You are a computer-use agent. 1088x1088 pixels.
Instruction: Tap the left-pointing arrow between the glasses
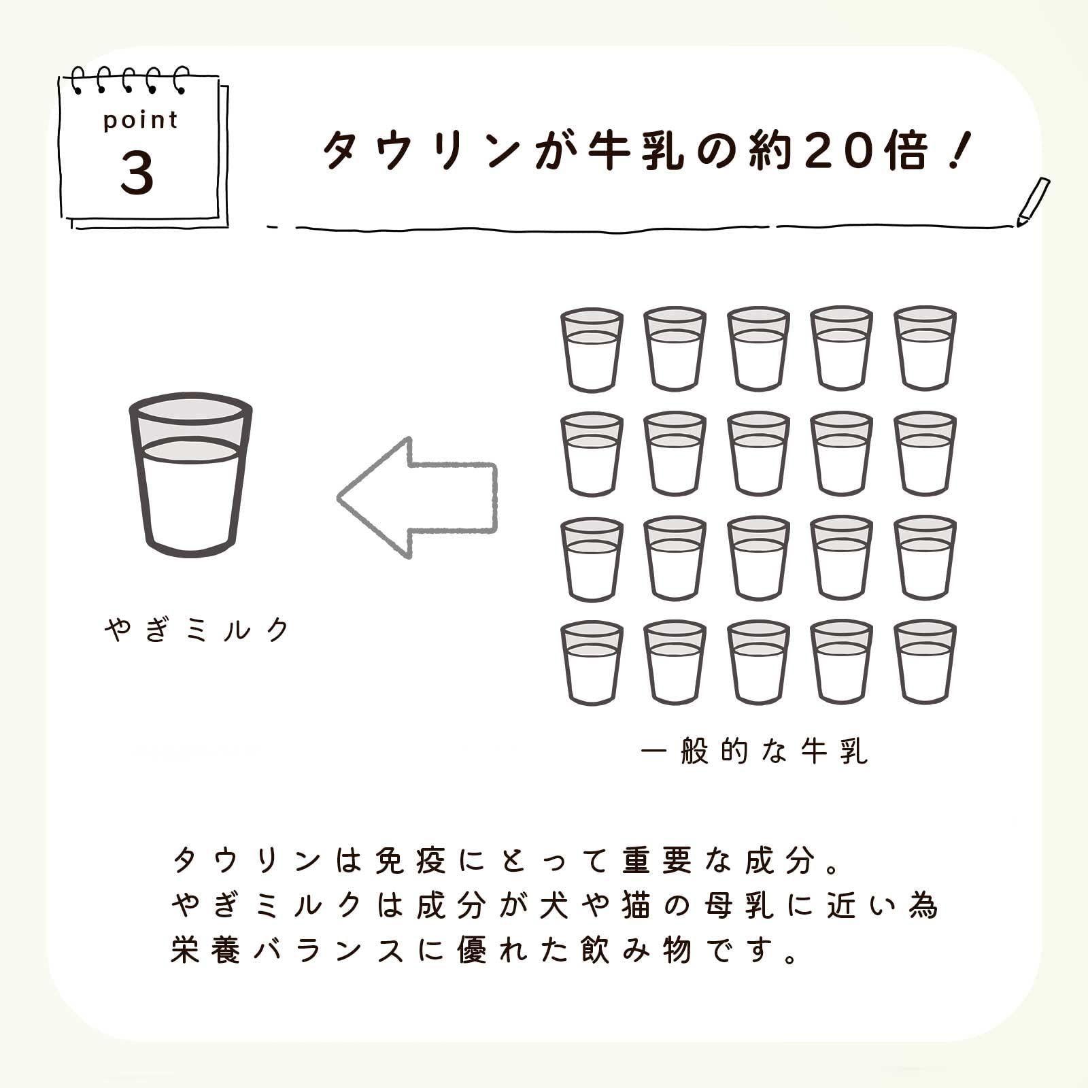point(418,498)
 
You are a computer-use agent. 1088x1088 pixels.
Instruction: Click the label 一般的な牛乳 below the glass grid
point(754,751)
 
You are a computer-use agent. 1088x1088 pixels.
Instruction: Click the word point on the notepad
point(140,120)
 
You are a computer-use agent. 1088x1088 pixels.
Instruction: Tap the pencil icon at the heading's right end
point(1033,201)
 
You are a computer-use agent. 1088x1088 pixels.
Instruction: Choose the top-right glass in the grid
point(925,349)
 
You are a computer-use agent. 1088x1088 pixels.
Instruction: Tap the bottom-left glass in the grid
point(592,662)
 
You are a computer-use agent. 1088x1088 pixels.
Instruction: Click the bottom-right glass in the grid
point(925,662)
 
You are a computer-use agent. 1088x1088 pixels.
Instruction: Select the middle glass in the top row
point(758,349)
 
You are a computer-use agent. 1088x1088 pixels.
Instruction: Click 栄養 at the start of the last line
point(205,950)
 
